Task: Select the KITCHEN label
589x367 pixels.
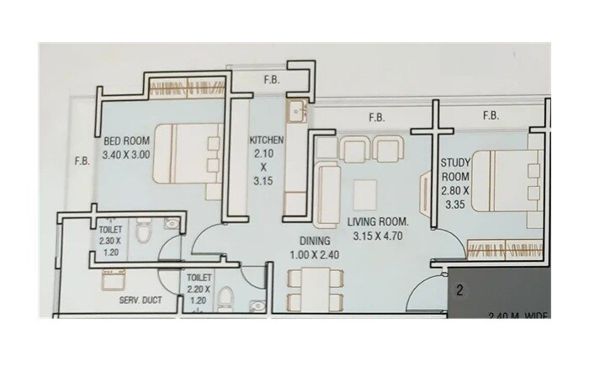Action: (x=267, y=140)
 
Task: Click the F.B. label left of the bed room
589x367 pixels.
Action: (x=82, y=160)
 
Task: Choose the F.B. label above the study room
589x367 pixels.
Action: (x=491, y=115)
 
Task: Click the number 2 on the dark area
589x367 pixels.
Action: (x=460, y=292)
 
